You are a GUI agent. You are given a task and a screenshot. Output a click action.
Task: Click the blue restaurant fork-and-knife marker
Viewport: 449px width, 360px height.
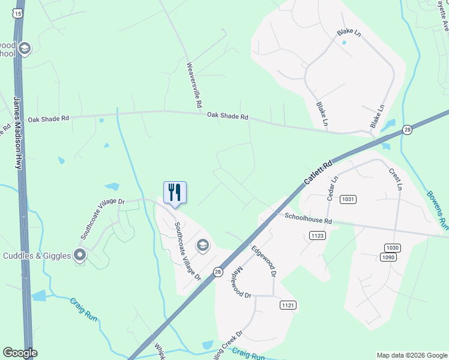click(x=175, y=193)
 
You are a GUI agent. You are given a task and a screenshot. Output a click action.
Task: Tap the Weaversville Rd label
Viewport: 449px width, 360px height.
click(x=194, y=85)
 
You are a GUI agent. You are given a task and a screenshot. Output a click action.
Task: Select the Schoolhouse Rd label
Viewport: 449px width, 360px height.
click(x=308, y=220)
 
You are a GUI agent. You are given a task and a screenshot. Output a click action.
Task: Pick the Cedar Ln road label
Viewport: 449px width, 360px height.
click(x=331, y=187)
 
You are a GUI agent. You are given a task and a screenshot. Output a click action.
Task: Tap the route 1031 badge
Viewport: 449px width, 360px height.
click(x=348, y=199)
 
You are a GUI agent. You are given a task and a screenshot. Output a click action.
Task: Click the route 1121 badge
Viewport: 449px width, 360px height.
click(x=288, y=305)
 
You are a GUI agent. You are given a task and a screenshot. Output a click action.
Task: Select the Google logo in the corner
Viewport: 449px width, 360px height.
click(x=19, y=353)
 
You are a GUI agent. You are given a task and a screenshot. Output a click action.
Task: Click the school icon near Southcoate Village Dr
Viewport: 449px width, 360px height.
click(x=203, y=244)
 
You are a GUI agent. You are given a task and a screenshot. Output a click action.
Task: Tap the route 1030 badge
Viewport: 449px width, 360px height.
click(x=392, y=247)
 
